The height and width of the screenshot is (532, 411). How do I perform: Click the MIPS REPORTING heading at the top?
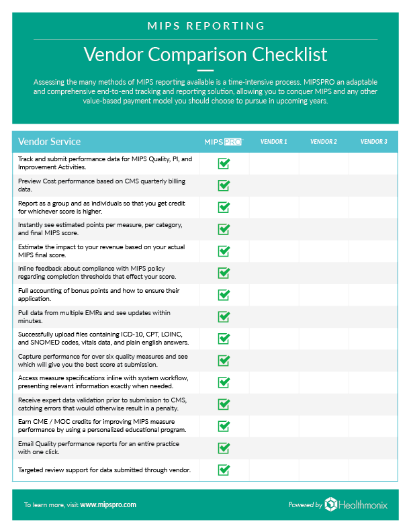pos(205,26)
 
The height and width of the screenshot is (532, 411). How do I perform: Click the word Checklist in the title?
pos(286,53)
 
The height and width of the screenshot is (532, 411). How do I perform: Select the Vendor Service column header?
pos(49,142)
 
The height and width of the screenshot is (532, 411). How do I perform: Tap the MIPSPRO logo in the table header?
pos(223,142)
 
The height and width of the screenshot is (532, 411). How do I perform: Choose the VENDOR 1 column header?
pos(273,142)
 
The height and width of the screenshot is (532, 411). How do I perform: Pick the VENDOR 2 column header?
pos(324,142)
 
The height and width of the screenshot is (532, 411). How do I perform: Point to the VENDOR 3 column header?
pos(373,142)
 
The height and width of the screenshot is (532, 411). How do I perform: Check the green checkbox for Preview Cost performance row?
pos(224,185)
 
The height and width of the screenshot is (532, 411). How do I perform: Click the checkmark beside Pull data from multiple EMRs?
pos(224,316)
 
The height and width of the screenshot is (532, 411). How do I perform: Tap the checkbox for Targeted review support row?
pos(224,470)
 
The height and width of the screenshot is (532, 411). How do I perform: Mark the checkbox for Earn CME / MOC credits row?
pos(224,426)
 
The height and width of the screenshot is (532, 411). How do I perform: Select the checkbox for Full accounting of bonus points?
pos(224,295)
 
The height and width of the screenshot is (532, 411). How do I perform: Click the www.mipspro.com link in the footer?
pos(108,504)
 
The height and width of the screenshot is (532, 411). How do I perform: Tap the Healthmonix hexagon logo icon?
pos(331,504)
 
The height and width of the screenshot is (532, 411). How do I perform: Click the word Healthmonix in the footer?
pos(363,504)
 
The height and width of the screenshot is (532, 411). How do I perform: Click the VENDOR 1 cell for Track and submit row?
pos(274,163)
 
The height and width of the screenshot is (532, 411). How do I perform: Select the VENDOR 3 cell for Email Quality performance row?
pos(373,447)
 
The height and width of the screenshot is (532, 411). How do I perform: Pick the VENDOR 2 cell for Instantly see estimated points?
pos(324,229)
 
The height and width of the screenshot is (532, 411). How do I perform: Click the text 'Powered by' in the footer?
pos(305,505)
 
